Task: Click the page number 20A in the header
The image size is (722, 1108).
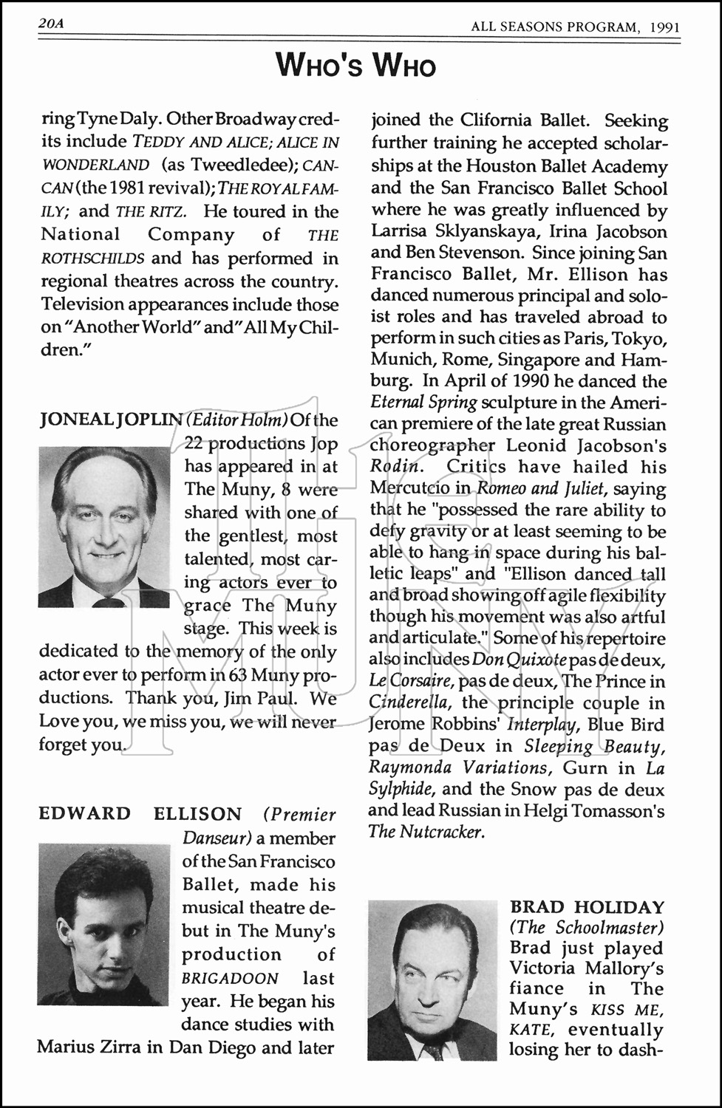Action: coord(52,24)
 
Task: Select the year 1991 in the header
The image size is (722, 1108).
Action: coord(665,27)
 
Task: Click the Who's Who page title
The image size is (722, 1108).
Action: coord(356,66)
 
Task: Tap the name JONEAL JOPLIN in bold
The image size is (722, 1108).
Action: coord(111,420)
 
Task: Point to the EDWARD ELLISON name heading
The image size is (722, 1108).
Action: coord(140,814)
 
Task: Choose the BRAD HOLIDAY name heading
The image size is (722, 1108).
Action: coord(588,907)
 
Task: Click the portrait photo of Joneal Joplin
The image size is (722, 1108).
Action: coord(104,527)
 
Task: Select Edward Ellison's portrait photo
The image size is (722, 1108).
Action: coord(103,925)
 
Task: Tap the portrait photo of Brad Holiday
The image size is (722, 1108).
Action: coord(432,980)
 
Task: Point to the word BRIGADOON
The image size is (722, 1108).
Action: coord(231,979)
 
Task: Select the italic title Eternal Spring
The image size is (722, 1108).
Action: coord(423,403)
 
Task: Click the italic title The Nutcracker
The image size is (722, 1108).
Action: coord(426,832)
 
